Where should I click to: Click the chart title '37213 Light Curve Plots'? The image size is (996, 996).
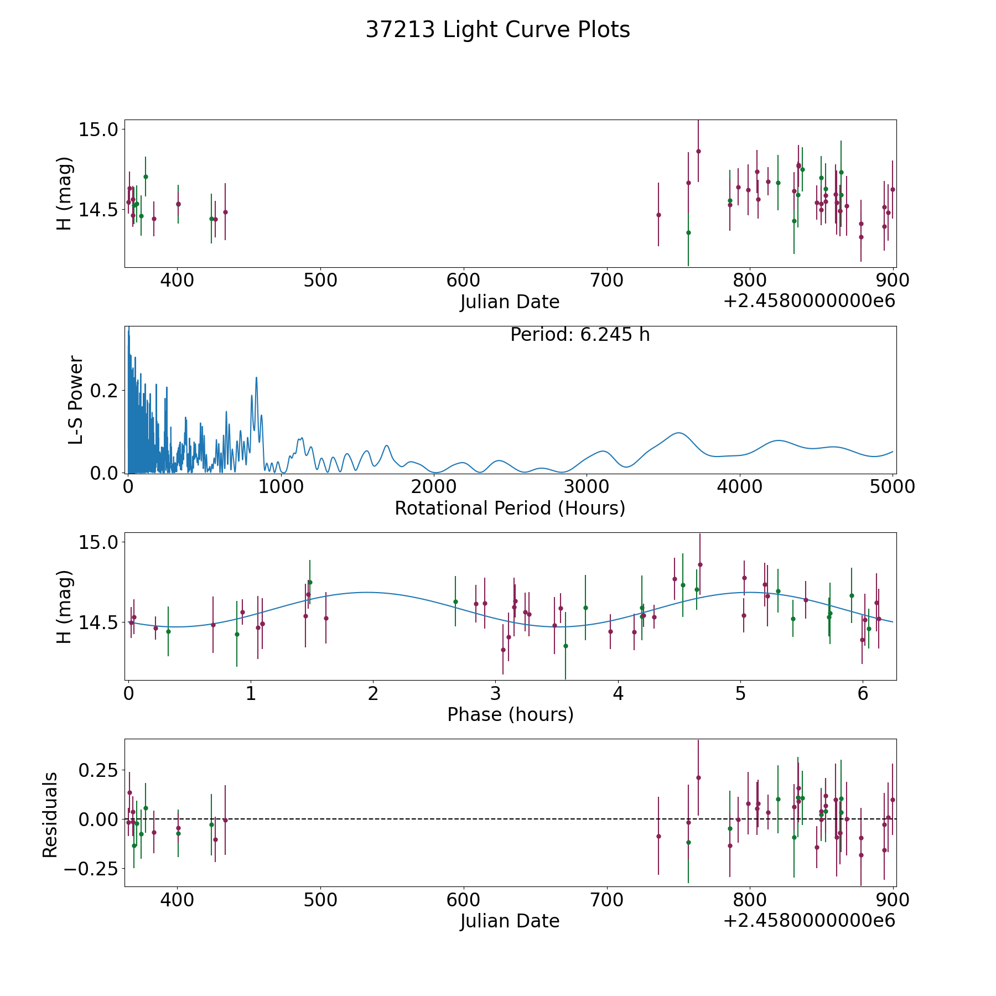click(497, 30)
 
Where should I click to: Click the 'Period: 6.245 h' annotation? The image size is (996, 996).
click(579, 335)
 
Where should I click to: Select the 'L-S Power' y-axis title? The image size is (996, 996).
click(76, 400)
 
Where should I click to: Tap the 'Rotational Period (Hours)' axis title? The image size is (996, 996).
click(510, 508)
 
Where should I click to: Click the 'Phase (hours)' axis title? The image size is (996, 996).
click(510, 714)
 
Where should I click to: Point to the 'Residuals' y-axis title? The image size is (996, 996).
click(50, 815)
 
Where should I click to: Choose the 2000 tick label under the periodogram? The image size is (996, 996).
click(434, 487)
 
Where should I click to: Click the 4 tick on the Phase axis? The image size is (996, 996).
click(618, 693)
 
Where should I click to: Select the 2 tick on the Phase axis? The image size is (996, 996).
click(373, 693)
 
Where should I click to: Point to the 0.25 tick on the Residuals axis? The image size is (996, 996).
click(97, 770)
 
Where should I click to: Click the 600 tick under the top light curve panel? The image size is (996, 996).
click(463, 281)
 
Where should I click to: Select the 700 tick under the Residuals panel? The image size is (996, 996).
click(606, 900)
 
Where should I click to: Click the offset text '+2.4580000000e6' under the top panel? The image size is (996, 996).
click(809, 301)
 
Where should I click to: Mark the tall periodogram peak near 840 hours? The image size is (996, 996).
click(256, 378)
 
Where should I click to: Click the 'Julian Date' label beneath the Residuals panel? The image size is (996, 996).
click(510, 921)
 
